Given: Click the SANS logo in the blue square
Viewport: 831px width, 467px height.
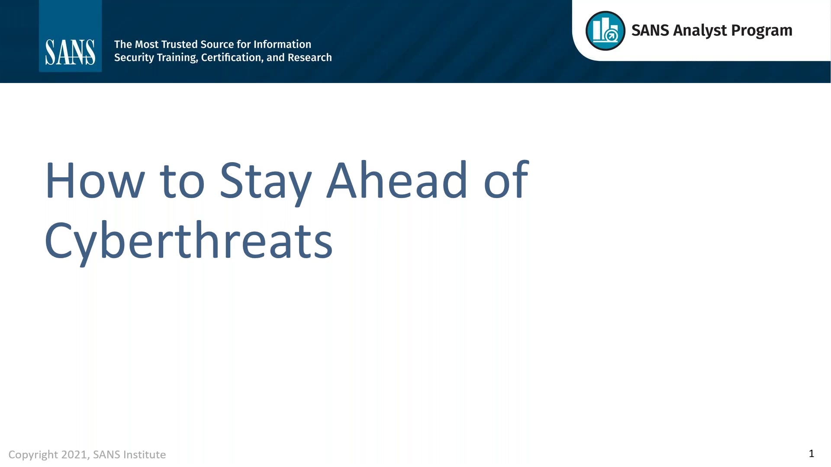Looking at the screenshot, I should click(x=70, y=52).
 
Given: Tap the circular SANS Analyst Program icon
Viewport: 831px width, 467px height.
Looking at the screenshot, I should click(x=605, y=31).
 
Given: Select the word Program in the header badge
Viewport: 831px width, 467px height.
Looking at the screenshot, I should click(x=761, y=31).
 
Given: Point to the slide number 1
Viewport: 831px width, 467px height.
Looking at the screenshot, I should click(x=811, y=454).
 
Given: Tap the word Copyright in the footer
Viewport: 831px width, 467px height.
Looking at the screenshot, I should click(x=33, y=454).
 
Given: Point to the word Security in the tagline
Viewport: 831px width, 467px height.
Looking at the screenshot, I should click(x=134, y=58).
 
